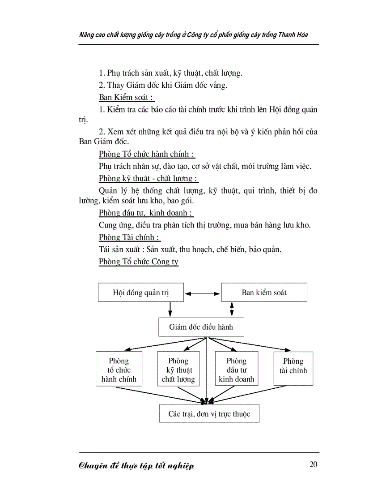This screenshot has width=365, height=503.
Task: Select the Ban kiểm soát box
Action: point(264,292)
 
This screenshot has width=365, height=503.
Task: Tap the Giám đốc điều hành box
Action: point(201,327)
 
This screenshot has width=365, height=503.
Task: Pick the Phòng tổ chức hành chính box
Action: point(119,370)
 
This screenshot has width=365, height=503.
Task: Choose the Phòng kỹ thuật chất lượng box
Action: point(178,370)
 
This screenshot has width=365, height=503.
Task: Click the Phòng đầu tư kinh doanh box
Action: point(236,370)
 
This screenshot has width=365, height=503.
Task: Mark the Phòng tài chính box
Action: point(293,369)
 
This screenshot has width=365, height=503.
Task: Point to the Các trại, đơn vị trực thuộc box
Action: point(209,413)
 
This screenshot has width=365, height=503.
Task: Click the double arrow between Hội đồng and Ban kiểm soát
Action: point(203,294)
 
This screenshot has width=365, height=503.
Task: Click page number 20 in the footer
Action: point(313,464)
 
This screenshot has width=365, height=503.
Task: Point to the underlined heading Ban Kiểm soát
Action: point(127,97)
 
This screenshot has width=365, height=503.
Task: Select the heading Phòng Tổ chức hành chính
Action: point(147,154)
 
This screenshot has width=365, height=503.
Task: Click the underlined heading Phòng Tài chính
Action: point(129,237)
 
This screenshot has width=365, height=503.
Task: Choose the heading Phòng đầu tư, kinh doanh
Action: point(146,213)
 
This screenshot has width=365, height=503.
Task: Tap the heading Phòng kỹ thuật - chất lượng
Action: point(149,178)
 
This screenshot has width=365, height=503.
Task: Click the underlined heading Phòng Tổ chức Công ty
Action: point(138,262)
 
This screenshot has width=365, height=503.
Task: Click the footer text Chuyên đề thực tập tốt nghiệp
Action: point(136,466)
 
